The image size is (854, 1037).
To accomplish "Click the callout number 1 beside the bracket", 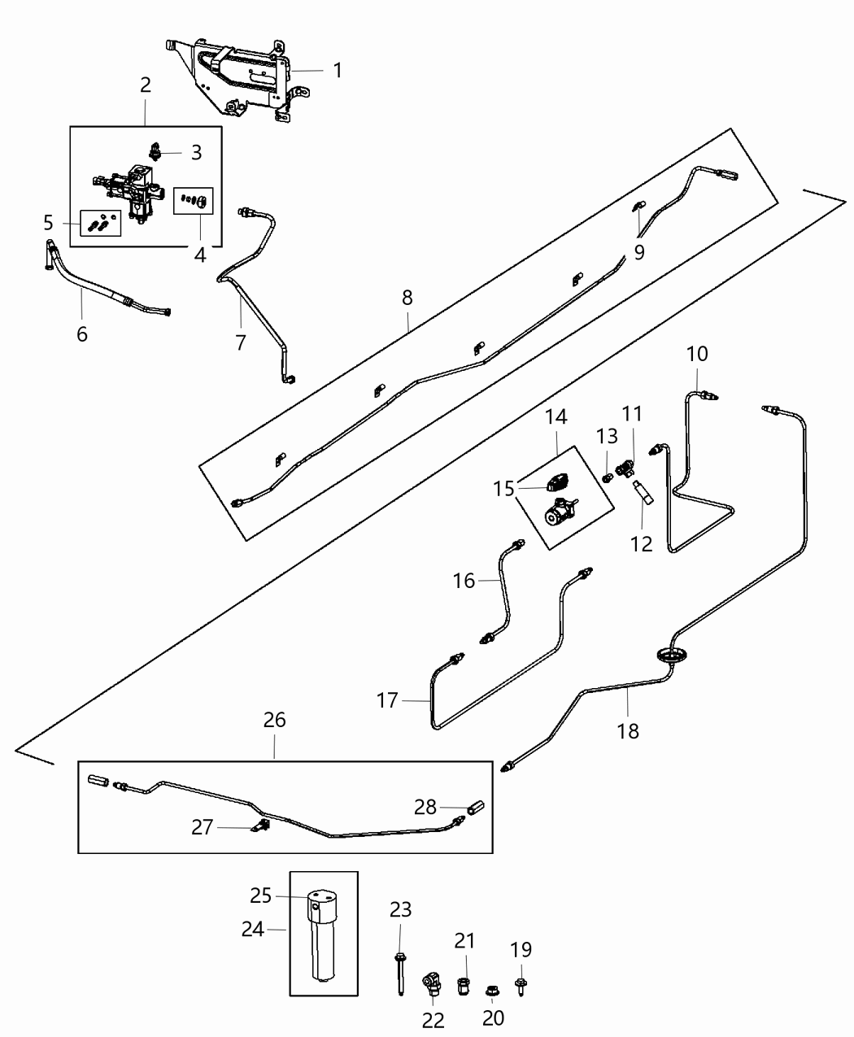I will (x=337, y=71).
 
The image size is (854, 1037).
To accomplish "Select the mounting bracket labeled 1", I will (x=236, y=77).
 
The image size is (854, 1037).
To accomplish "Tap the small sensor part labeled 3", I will (x=155, y=150).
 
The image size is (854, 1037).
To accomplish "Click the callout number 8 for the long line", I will (x=407, y=298).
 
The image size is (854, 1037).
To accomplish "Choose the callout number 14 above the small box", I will (x=556, y=417).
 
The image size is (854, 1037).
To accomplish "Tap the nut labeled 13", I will (x=607, y=477).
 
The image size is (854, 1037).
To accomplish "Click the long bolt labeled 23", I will (x=400, y=971).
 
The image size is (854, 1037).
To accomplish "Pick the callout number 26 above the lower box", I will (x=274, y=720).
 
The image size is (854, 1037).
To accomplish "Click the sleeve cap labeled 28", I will (x=476, y=808).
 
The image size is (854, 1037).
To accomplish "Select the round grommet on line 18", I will (x=670, y=655).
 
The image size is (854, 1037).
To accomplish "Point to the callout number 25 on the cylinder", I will (x=260, y=896).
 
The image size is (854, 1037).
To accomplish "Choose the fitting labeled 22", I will (x=430, y=985).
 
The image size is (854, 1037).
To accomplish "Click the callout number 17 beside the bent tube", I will (x=388, y=699).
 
